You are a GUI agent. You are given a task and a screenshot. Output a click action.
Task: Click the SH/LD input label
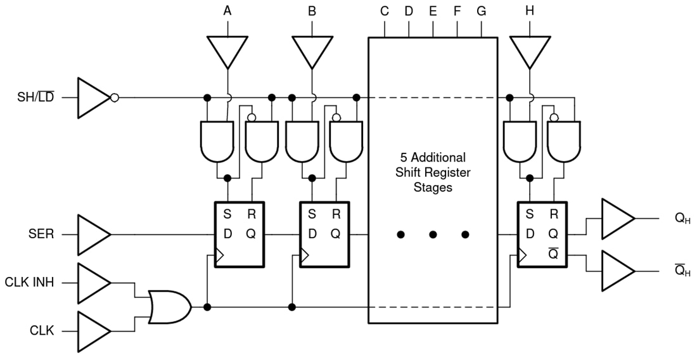[36, 98]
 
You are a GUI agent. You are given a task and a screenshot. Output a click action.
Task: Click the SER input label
[42, 235]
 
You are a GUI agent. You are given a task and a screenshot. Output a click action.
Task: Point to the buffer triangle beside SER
[93, 235]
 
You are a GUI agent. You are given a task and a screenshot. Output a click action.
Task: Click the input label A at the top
[227, 11]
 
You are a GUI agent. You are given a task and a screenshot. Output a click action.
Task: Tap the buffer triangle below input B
[312, 51]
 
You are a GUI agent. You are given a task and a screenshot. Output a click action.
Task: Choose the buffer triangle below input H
[529, 51]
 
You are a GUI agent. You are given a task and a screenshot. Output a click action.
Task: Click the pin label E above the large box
[433, 11]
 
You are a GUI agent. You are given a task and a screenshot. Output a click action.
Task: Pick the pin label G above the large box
[481, 11]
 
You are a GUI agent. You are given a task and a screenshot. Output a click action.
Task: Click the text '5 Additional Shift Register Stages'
[433, 172]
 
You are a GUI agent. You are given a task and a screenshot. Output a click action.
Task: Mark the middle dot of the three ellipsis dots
[433, 235]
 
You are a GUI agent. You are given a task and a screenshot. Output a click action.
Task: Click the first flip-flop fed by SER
[239, 235]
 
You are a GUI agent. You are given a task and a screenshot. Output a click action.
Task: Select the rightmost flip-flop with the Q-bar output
[542, 235]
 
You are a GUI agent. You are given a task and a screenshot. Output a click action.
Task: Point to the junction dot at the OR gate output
[207, 307]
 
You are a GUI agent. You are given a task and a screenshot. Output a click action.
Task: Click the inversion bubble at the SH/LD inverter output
[114, 98]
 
